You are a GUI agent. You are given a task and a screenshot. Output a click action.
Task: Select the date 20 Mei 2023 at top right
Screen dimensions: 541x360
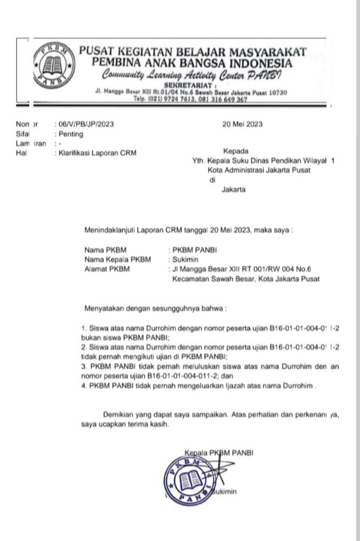tap(242, 124)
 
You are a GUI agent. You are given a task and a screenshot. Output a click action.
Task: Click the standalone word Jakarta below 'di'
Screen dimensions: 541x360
tap(234, 189)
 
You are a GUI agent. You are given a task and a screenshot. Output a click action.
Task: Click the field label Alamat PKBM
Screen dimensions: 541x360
tap(108, 269)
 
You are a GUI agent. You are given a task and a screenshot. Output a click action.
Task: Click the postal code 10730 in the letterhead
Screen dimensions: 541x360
tap(276, 93)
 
